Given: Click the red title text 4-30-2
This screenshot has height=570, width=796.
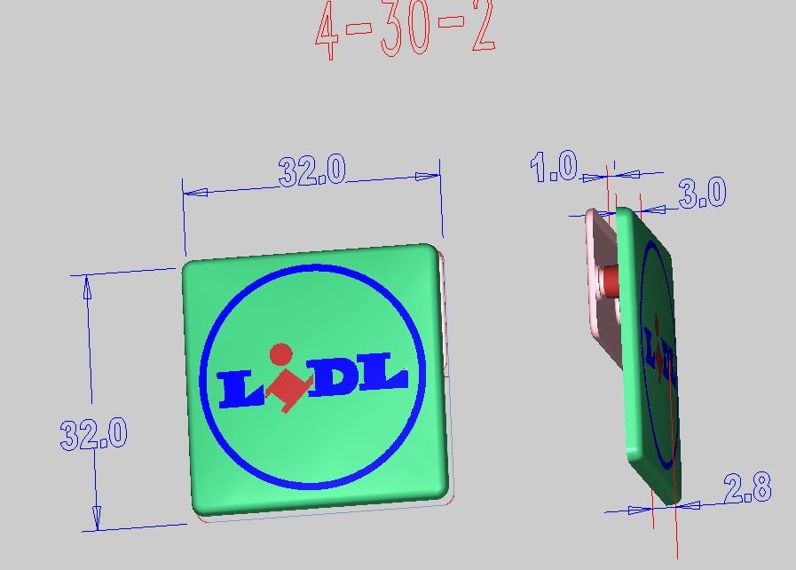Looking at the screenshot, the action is pos(405,29).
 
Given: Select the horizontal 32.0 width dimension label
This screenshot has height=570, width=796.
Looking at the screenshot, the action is pos(312,170).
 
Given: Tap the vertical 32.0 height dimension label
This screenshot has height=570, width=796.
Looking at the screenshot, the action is pos(94,434).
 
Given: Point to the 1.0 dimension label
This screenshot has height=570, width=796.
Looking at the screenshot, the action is pos(554,166).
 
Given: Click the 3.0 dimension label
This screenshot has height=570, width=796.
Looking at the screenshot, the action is pos(703,193).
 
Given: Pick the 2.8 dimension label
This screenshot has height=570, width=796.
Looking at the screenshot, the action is pos(748,487).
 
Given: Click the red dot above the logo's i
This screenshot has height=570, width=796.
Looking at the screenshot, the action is pos(280,354).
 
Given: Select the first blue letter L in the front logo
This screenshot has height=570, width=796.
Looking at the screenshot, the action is pos(240,389).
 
